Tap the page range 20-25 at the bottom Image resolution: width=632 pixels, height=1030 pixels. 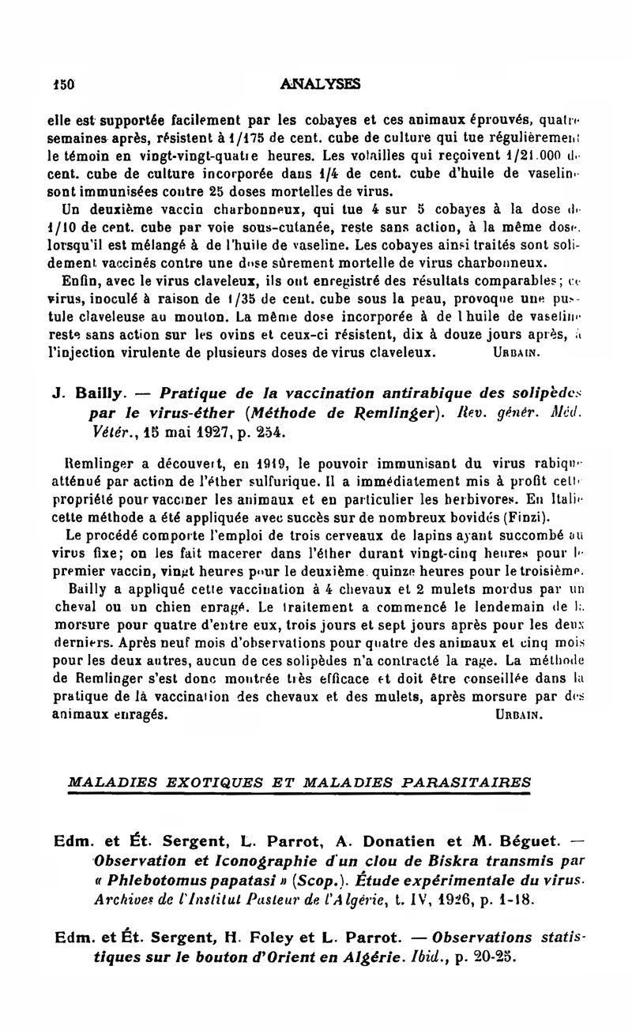click(498, 957)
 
